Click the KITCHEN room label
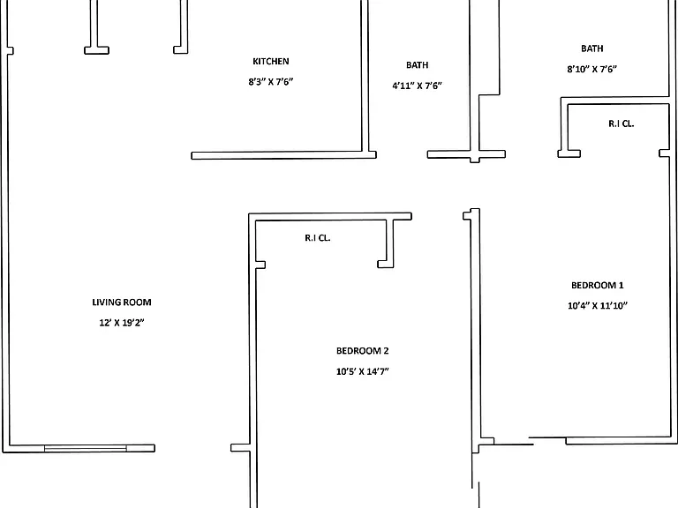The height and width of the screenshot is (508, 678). pyautogui.click(x=271, y=62)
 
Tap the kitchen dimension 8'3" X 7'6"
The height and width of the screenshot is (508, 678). pyautogui.click(x=271, y=82)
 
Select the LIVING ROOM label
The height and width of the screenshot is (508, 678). pyautogui.click(x=122, y=303)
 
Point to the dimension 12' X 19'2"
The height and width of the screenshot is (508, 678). pyautogui.click(x=122, y=323)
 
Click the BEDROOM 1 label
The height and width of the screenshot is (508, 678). pyautogui.click(x=597, y=285)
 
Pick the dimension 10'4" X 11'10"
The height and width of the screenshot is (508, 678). pyautogui.click(x=597, y=305)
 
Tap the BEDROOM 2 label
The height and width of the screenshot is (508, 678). pyautogui.click(x=362, y=351)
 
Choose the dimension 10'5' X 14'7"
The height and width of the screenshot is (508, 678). pyautogui.click(x=362, y=371)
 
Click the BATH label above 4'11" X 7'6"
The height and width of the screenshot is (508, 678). pyautogui.click(x=417, y=65)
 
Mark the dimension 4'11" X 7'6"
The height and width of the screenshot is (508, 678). pyautogui.click(x=417, y=86)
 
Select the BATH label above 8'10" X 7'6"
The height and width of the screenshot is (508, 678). pyautogui.click(x=592, y=49)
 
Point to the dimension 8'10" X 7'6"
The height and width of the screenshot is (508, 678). pyautogui.click(x=592, y=69)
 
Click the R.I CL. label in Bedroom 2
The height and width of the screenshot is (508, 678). pyautogui.click(x=318, y=238)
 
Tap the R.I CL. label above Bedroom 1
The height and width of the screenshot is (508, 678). pyautogui.click(x=621, y=123)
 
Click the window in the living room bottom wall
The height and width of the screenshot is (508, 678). pyautogui.click(x=86, y=448)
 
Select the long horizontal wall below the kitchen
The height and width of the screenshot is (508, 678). pyautogui.click(x=283, y=155)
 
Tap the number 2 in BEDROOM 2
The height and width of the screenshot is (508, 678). pyautogui.click(x=386, y=351)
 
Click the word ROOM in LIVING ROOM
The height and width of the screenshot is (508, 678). pyautogui.click(x=137, y=303)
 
